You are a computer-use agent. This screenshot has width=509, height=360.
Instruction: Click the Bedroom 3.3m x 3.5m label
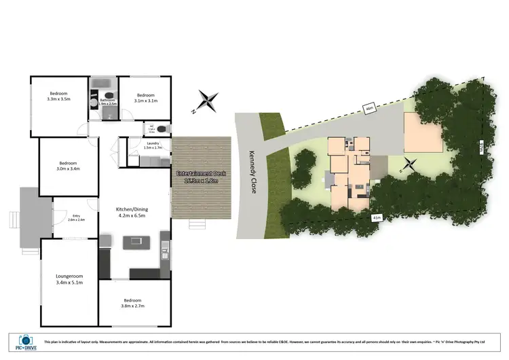(x=59, y=96)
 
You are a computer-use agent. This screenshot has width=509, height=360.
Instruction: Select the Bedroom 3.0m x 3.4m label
(x=68, y=166)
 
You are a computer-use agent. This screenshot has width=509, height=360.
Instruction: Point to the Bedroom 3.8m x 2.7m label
(x=132, y=303)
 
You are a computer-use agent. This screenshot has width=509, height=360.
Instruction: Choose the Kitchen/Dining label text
(x=134, y=212)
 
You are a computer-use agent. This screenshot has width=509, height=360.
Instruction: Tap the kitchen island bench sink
(x=135, y=241)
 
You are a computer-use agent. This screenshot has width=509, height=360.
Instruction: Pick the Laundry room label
(x=153, y=145)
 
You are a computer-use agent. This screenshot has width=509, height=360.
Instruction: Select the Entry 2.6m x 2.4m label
(x=77, y=217)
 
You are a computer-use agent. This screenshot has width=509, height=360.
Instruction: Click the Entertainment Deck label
(x=202, y=177)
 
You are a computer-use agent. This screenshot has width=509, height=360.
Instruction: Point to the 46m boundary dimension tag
(x=369, y=108)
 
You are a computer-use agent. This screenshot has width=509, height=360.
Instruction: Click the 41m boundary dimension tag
(x=377, y=217)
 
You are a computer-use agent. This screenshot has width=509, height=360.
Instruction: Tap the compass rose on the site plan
(x=409, y=164)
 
